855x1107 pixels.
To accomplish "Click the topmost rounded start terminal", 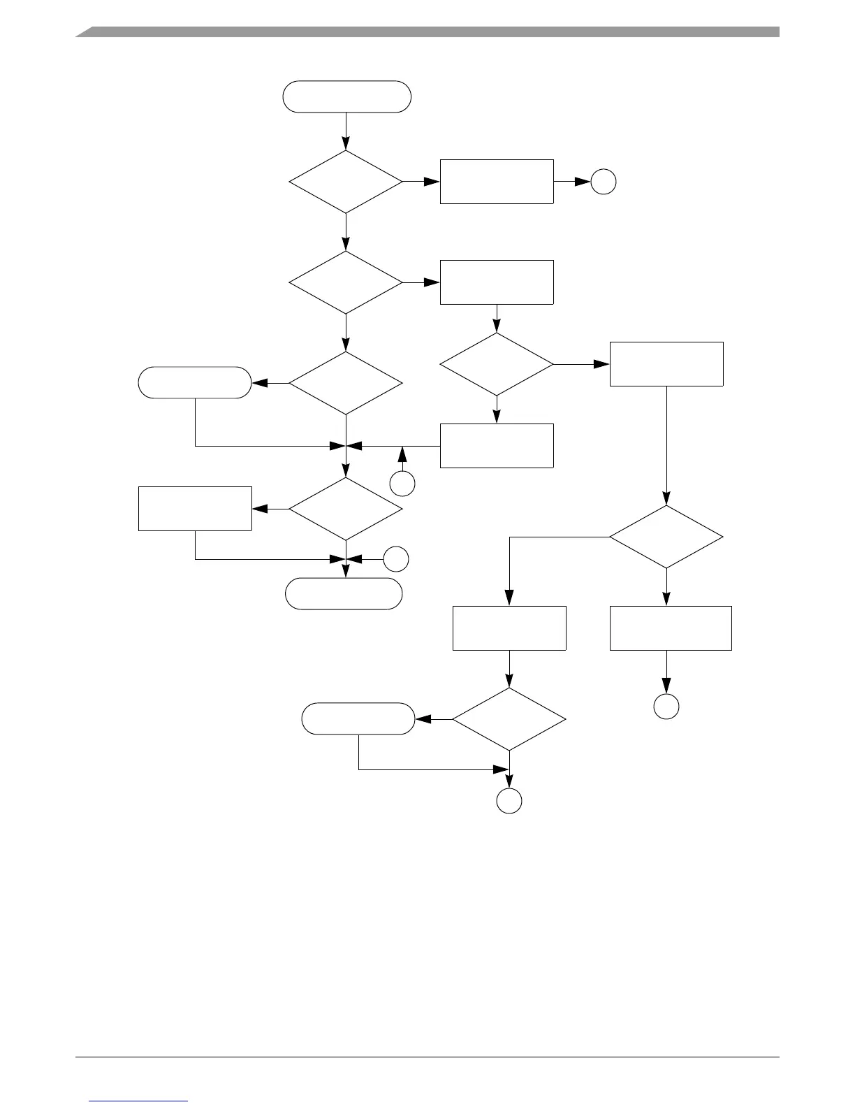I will (346, 96).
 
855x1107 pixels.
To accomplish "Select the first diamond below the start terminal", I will (346, 182).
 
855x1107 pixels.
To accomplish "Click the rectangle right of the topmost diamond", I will (497, 182).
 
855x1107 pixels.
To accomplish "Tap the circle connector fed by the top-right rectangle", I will (604, 182).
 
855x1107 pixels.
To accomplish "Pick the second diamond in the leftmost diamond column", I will (346, 282).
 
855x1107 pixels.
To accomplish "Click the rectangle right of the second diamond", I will (497, 282).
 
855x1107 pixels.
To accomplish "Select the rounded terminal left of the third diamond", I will (195, 383).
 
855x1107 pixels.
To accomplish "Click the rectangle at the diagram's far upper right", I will (666, 364).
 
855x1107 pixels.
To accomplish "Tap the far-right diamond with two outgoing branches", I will (666, 537).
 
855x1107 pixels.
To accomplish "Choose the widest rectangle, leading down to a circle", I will (671, 628).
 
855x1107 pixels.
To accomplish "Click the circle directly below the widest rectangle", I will (666, 707).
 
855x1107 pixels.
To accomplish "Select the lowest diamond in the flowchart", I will (509, 719).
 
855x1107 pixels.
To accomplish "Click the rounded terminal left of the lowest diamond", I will (358, 718).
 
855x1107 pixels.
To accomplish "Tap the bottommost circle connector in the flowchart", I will (509, 801).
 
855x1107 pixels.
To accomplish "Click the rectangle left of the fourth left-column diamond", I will (195, 509).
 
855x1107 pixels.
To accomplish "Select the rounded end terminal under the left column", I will (344, 594).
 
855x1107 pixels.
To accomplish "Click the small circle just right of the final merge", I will (396, 559).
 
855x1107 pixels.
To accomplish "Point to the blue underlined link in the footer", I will (139, 1101).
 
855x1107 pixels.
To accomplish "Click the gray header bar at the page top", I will (427, 31).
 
